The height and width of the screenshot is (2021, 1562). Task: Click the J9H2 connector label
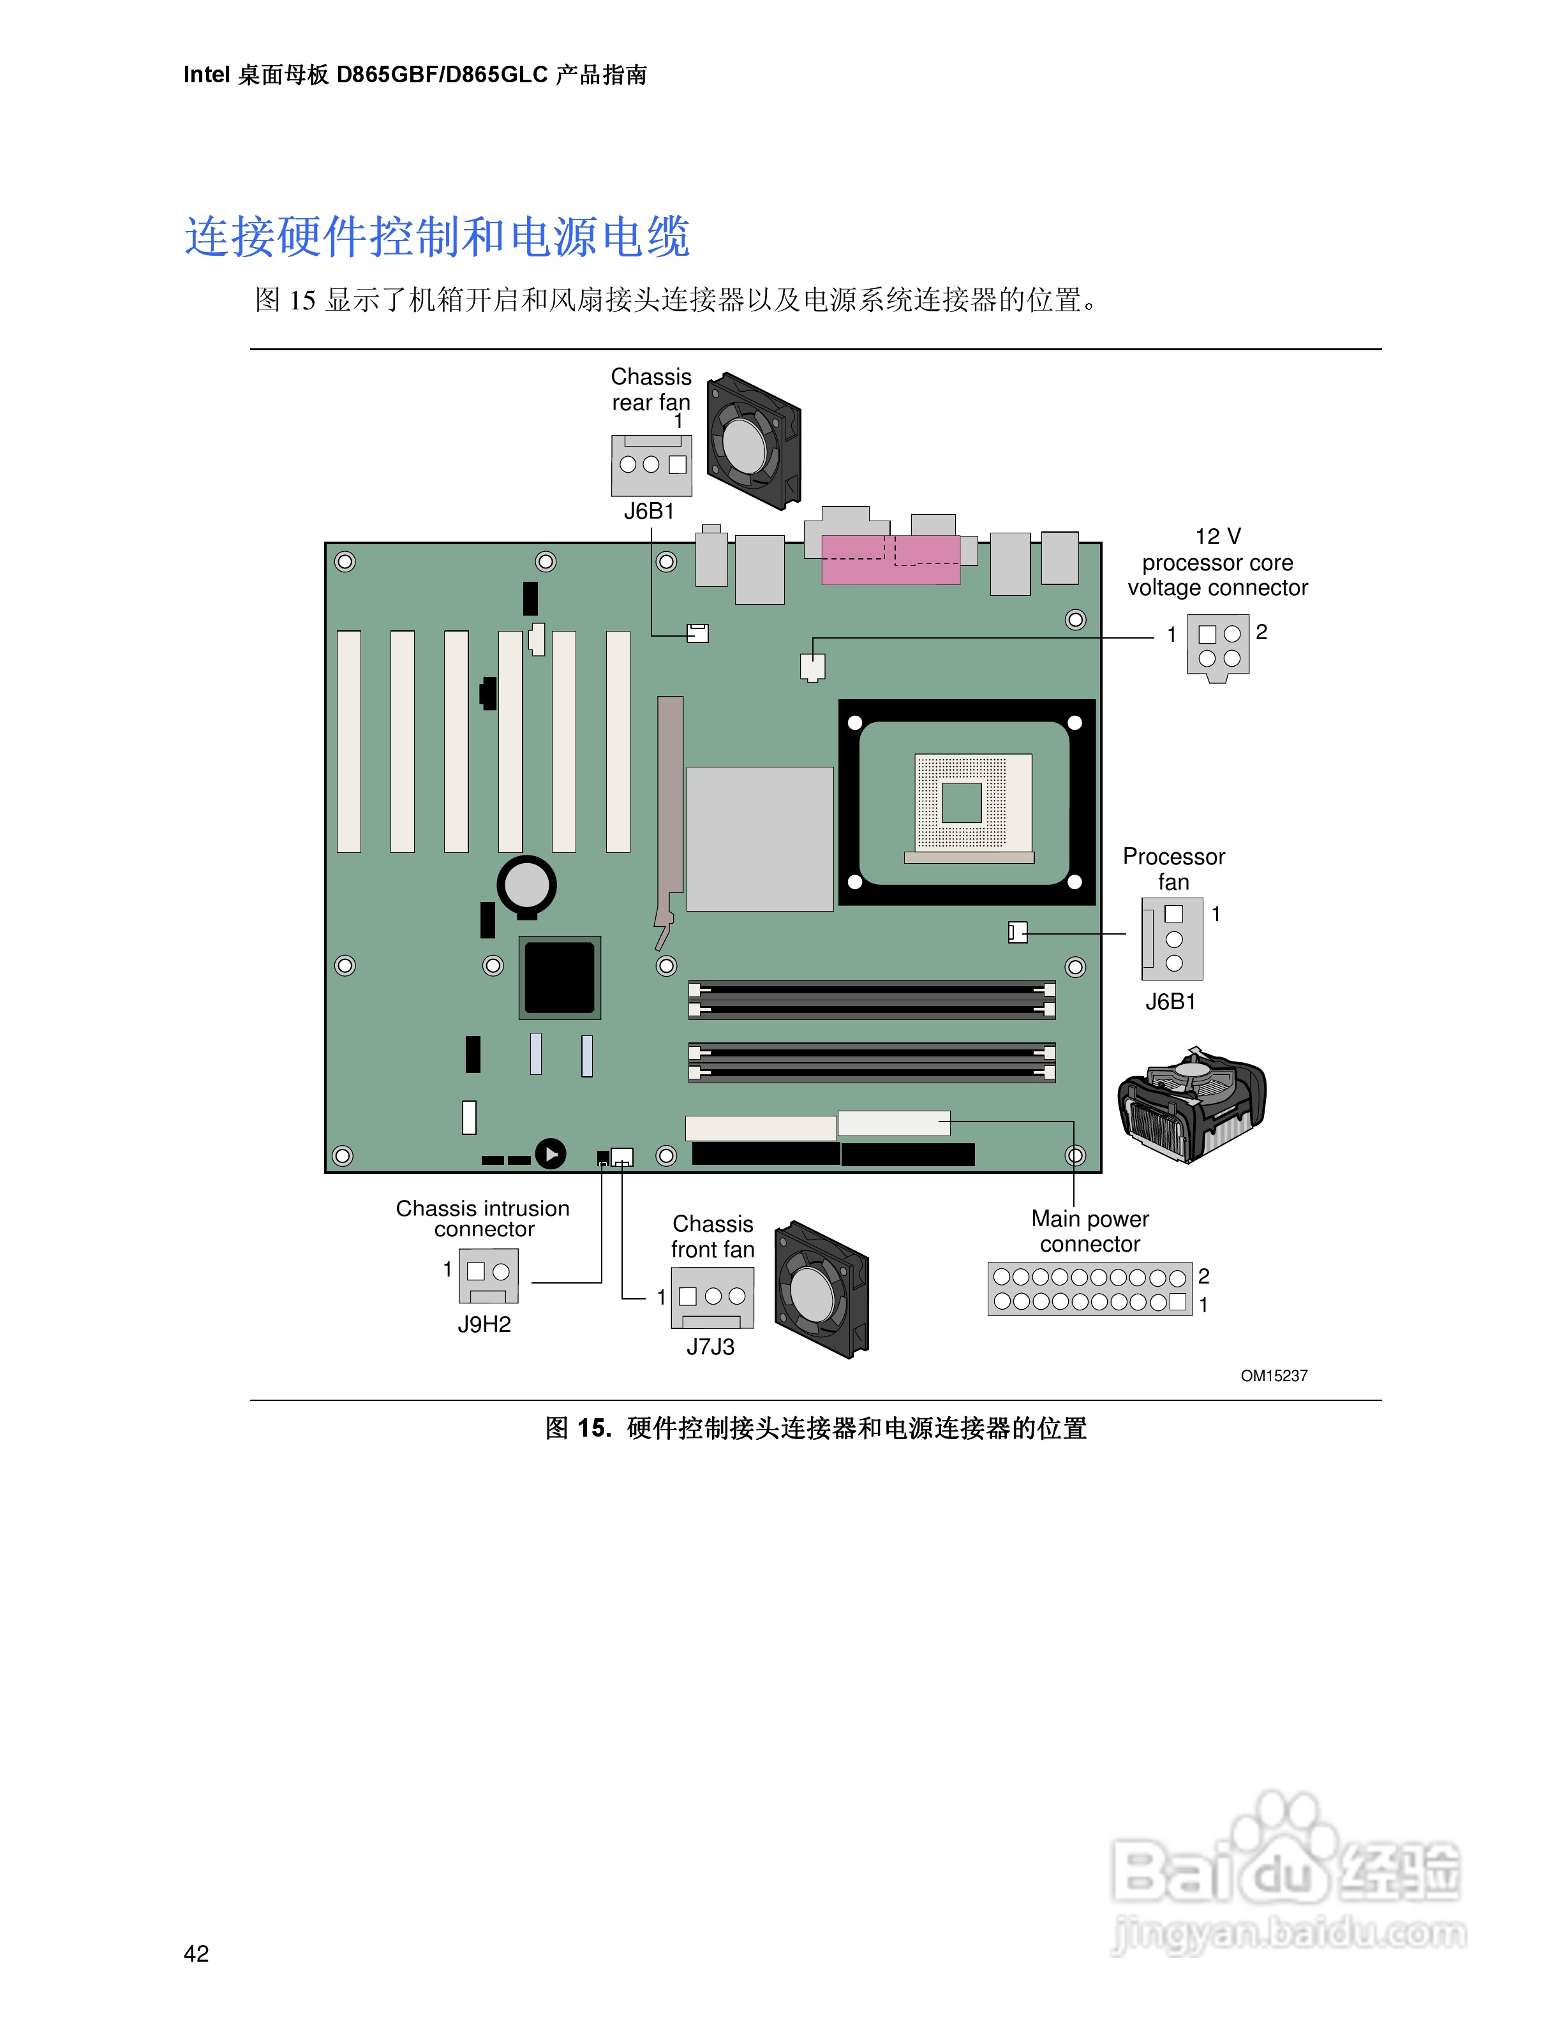click(484, 1324)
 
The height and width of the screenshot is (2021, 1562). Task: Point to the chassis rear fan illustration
click(753, 441)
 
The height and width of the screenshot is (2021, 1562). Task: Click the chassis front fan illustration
click(821, 1290)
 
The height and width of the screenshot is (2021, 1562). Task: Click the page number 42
click(196, 1953)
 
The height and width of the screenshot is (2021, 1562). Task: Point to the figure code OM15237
click(1274, 1376)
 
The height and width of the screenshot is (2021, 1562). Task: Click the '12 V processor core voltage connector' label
click(1218, 563)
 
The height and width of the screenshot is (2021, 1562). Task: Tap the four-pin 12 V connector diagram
click(1219, 647)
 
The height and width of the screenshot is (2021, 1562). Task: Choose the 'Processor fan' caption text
click(1173, 869)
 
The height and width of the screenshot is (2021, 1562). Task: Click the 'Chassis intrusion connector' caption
click(483, 1218)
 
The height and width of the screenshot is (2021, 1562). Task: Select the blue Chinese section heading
click(437, 237)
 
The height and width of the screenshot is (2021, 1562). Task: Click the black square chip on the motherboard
click(560, 977)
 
